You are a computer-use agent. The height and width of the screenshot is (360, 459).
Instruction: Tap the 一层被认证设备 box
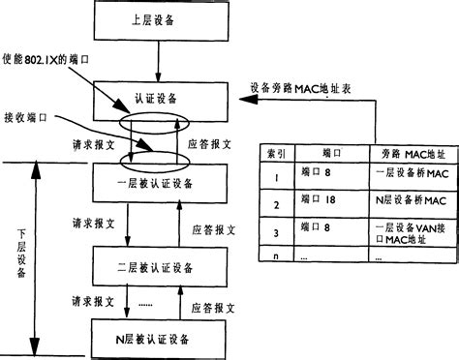click(155, 182)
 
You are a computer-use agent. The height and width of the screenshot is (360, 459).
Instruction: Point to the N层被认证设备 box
click(155, 339)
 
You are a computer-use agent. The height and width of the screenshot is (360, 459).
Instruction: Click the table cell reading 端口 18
click(321, 203)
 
